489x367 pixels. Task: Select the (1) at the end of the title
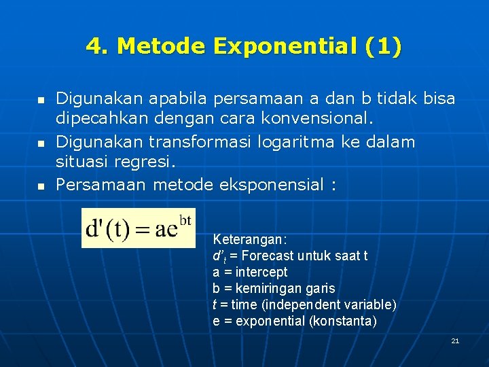[x=383, y=47]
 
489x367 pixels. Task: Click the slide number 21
[x=455, y=340]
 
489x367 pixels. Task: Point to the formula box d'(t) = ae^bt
[x=139, y=228]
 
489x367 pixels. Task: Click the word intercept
[x=262, y=273]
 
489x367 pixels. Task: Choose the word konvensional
[x=319, y=119]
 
